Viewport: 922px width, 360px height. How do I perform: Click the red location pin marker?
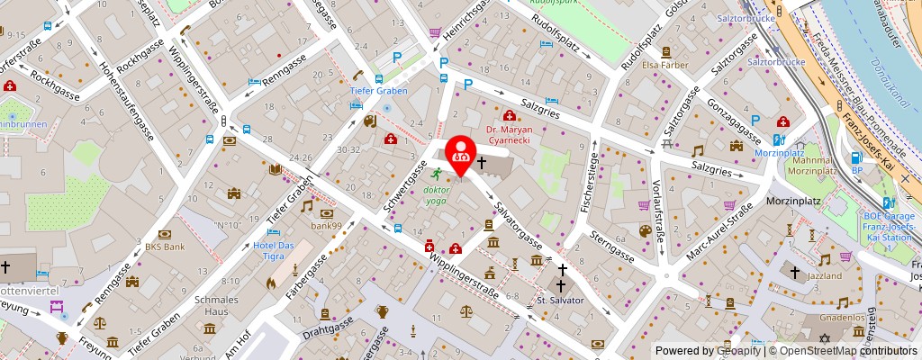tap(461, 154)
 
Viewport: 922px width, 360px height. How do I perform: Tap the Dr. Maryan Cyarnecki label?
tap(517, 135)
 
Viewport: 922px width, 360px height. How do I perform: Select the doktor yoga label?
tap(436, 195)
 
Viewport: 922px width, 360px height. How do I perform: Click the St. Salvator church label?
tap(561, 300)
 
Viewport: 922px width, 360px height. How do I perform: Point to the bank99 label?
tap(326, 225)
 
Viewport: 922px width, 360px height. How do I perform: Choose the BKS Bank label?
tap(165, 246)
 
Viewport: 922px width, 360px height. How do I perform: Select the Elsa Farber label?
tap(664, 64)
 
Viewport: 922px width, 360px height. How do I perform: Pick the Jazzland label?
tap(824, 275)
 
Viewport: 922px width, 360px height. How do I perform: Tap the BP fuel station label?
tap(857, 169)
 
